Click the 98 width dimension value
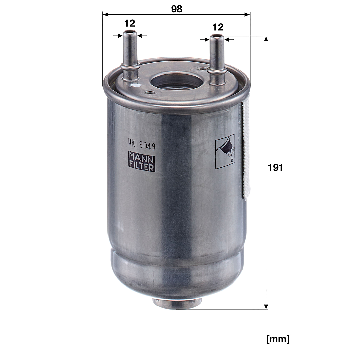(x=177, y=9)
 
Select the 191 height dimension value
(x=275, y=168)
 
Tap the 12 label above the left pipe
(x=130, y=23)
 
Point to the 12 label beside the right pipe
(x=218, y=27)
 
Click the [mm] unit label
(x=278, y=339)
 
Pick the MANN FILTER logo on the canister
(x=142, y=161)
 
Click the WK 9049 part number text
(x=142, y=145)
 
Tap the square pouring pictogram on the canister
(x=225, y=152)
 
